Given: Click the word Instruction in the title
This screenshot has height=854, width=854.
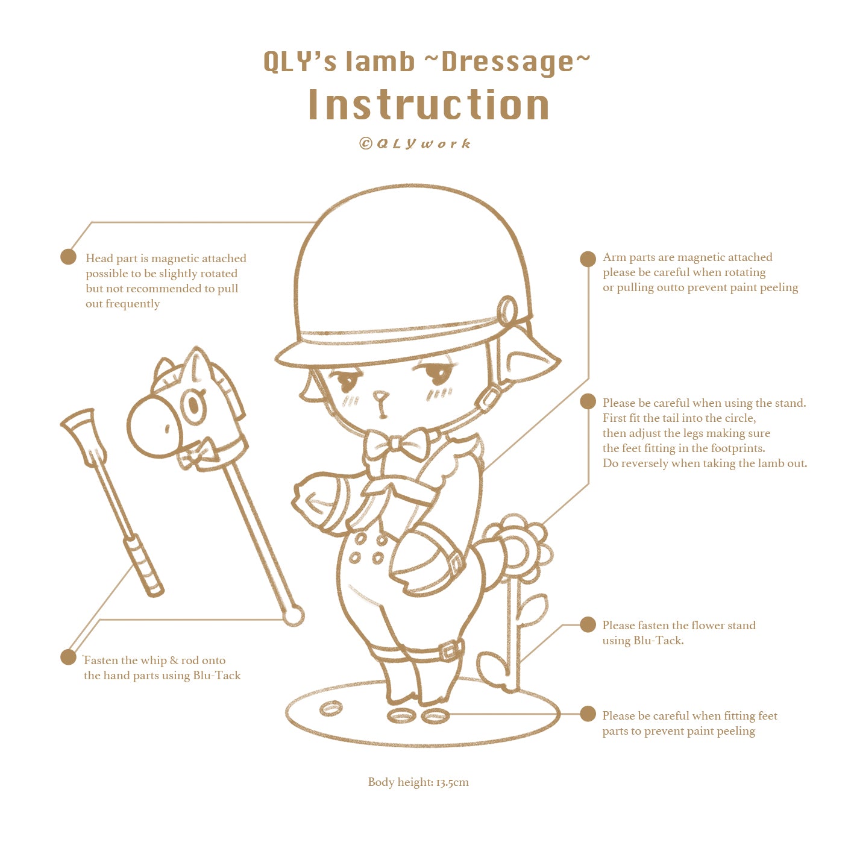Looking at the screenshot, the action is click(x=429, y=105).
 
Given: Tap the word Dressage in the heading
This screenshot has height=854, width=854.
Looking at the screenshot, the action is click(x=507, y=61).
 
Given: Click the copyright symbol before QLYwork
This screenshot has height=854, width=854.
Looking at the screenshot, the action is click(x=366, y=143).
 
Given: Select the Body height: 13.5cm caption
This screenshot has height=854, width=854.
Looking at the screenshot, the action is click(x=418, y=782).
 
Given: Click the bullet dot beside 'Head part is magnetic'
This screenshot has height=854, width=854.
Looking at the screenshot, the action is click(x=68, y=257).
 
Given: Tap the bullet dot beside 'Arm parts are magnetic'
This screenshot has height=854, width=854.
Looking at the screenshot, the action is click(x=588, y=259).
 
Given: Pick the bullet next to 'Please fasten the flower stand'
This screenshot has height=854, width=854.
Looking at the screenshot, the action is click(x=588, y=624).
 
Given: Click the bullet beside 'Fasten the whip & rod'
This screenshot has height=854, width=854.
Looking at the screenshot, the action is click(x=68, y=657).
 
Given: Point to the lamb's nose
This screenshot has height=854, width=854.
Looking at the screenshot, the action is click(x=381, y=396).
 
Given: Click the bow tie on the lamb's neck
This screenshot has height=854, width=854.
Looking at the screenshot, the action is click(x=396, y=445).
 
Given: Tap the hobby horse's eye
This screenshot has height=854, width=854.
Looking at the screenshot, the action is click(x=193, y=404).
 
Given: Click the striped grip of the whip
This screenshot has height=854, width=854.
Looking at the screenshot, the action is click(x=144, y=567).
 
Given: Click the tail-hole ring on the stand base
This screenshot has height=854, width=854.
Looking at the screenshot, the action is click(x=331, y=708).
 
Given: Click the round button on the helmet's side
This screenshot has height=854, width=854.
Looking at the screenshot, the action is click(x=506, y=311).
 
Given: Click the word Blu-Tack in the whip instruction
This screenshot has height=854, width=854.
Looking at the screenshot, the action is click(x=217, y=676).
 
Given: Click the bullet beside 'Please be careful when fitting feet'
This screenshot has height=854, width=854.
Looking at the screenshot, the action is click(x=588, y=714).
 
